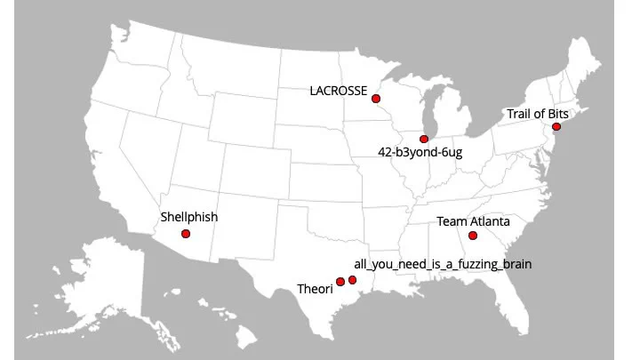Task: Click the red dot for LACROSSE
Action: (376, 98)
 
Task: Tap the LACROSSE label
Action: (339, 90)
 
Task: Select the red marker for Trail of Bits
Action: (556, 127)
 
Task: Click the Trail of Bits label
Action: (537, 114)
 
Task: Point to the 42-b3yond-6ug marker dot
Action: (424, 139)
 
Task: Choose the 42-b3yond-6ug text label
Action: (420, 152)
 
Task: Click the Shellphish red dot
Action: (185, 234)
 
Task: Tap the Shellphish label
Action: (189, 216)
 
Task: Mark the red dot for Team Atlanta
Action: (473, 236)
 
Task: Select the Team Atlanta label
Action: (473, 220)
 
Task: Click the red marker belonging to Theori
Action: (340, 282)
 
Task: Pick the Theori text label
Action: (314, 289)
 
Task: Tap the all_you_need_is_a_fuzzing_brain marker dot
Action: (353, 280)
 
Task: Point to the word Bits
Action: (556, 114)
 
